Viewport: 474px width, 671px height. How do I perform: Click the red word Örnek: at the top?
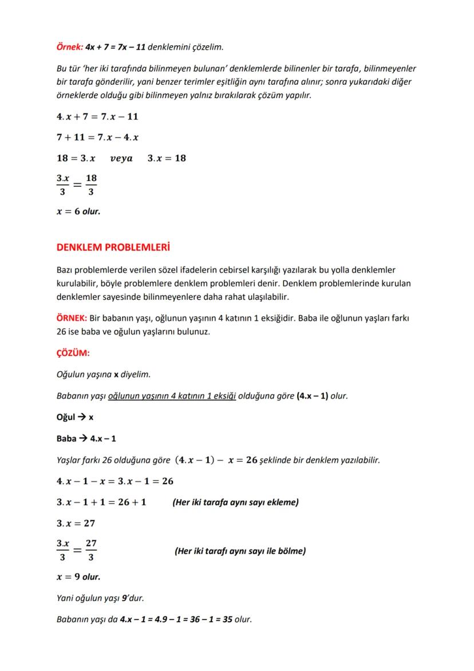(x=69, y=46)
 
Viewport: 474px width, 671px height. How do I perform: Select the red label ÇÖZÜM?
(x=73, y=353)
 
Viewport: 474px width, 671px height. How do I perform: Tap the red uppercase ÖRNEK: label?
(x=72, y=318)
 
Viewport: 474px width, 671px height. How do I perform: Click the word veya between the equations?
(x=121, y=158)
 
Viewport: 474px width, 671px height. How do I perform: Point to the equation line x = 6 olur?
(x=78, y=211)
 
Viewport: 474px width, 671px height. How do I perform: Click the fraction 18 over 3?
(x=91, y=185)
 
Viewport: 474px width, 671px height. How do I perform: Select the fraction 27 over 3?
(x=91, y=551)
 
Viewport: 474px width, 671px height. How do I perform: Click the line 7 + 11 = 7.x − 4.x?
(x=97, y=138)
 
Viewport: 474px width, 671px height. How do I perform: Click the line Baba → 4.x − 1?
(x=86, y=438)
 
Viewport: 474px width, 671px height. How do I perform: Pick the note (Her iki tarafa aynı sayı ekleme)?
(x=235, y=503)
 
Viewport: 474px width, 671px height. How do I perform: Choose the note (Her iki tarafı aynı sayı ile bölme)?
(x=240, y=551)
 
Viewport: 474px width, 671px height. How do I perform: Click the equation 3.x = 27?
(x=76, y=523)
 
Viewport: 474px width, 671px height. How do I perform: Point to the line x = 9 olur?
(x=78, y=576)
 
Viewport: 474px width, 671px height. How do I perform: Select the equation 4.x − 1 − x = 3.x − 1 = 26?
(x=114, y=481)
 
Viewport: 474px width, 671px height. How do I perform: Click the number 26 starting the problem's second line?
(x=62, y=332)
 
